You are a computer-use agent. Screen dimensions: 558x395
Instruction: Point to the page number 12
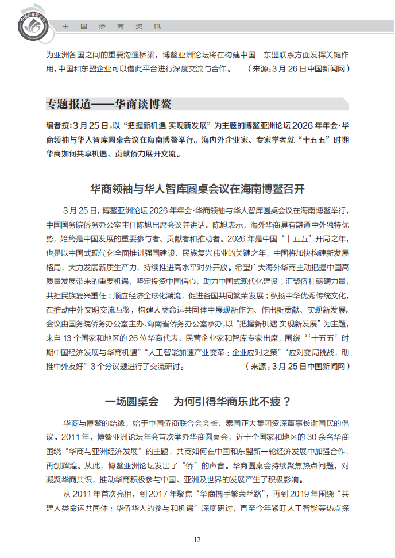[x=197, y=539]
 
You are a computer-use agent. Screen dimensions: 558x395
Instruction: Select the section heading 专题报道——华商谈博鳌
[x=109, y=104]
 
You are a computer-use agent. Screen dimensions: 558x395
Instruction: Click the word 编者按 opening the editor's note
[x=58, y=126]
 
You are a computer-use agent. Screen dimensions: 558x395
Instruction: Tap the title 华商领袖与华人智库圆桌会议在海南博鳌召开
[x=197, y=188]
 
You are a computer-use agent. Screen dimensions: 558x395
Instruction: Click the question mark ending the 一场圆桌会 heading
[x=286, y=401]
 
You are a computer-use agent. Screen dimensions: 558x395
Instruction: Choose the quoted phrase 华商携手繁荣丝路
[x=235, y=493]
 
